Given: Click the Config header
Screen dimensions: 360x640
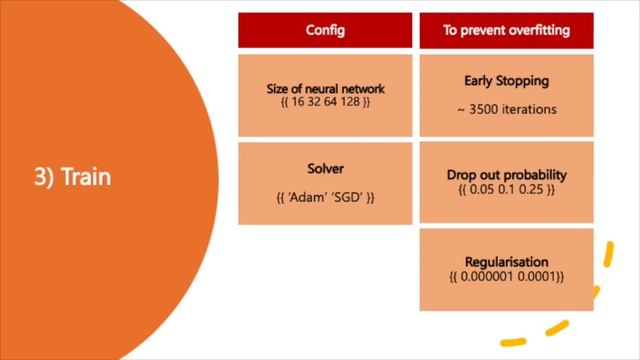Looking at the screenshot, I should (x=325, y=30).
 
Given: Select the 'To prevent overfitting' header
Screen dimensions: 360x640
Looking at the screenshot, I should (x=506, y=30).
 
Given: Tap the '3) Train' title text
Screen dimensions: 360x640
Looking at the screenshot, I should (x=72, y=178).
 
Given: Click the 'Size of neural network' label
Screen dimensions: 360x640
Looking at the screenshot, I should (x=325, y=89).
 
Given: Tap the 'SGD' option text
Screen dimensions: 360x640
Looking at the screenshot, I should (x=345, y=197).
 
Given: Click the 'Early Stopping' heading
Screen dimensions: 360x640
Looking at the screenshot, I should (x=506, y=81).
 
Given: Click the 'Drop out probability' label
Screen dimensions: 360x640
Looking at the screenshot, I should (x=506, y=175).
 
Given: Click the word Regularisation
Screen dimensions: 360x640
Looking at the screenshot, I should (x=506, y=261).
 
